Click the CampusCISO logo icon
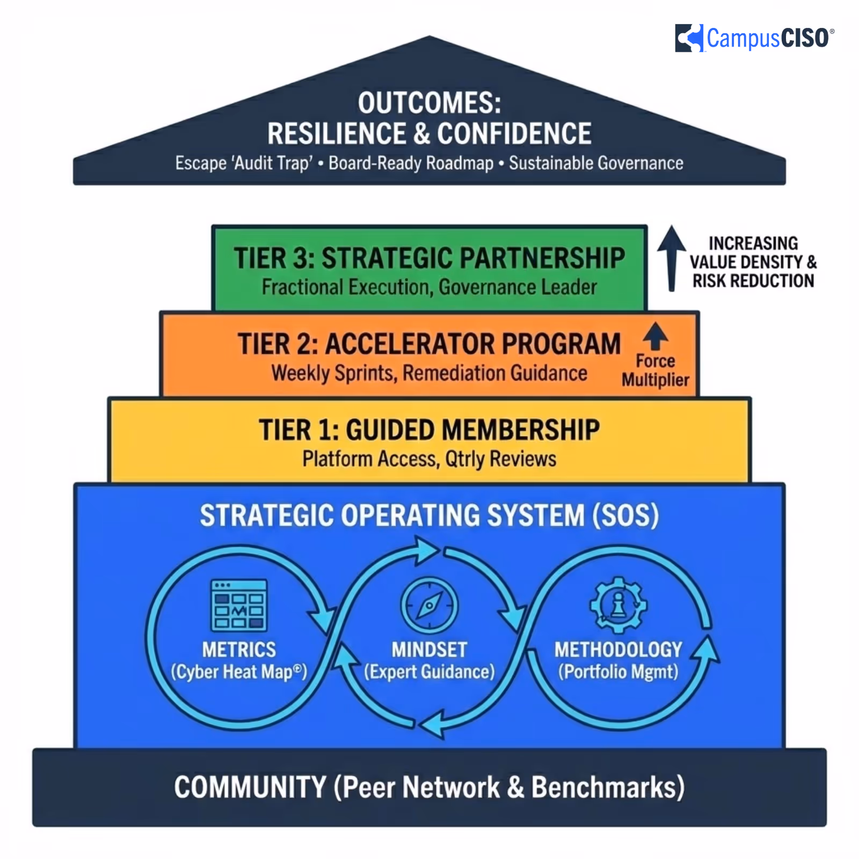pos(689,38)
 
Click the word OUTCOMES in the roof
pos(429,103)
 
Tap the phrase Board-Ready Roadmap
pos(411,163)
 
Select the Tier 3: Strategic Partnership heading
pos(429,258)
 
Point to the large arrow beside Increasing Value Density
pos(671,258)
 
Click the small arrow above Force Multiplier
pos(656,336)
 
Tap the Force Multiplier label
pos(656,370)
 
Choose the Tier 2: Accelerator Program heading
pos(429,344)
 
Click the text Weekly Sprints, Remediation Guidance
pos(429,373)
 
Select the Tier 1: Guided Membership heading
pos(429,430)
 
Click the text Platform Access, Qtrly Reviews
pos(429,460)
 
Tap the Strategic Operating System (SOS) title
pos(429,515)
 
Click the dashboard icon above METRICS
pos(239,605)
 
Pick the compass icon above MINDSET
pos(429,606)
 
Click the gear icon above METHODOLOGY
pos(618,605)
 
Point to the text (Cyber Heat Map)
pos(239,672)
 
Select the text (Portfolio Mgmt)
pos(618,672)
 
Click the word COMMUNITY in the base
pos(250,788)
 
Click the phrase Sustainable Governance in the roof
pos(596,163)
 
